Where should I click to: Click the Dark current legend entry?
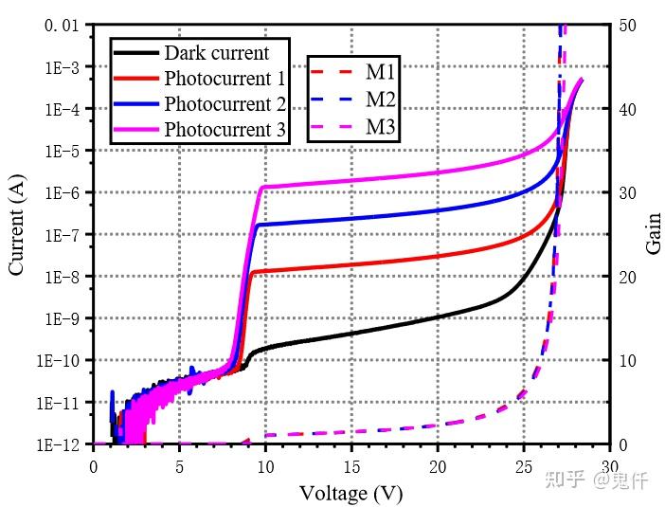[x=216, y=53]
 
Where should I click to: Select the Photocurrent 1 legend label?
[x=225, y=78]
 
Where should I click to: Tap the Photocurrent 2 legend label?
[x=225, y=103]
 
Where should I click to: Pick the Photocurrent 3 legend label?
[x=225, y=129]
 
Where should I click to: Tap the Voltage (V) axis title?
[x=351, y=493]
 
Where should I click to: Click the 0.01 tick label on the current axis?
[x=62, y=26]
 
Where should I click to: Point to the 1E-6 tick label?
[x=63, y=193]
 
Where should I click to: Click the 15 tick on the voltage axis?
[x=351, y=465]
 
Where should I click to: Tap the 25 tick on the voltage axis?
[x=524, y=465]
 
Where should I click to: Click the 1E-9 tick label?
[x=63, y=319]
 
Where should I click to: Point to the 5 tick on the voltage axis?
[x=179, y=465]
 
